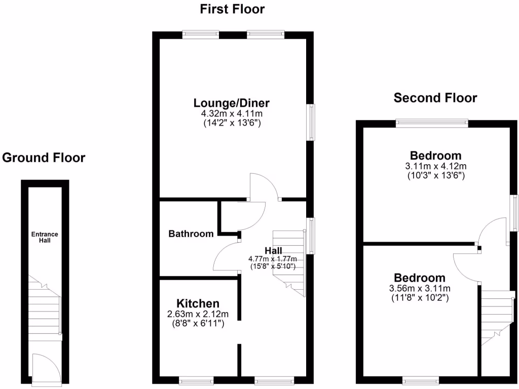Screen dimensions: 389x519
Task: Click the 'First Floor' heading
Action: click(232, 9)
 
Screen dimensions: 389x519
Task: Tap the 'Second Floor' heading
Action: click(435, 98)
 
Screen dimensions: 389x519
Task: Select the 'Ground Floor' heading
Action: click(44, 158)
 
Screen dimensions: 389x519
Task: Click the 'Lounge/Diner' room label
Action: click(231, 103)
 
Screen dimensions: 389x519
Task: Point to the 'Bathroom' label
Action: click(191, 234)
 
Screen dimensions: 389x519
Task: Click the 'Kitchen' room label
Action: click(198, 303)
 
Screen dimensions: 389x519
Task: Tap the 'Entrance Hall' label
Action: click(45, 237)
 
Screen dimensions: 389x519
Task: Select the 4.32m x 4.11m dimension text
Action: click(231, 114)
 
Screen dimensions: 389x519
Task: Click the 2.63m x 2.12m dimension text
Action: click(198, 314)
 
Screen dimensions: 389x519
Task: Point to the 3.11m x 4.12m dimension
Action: click(436, 166)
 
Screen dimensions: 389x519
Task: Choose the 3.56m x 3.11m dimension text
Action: click(420, 289)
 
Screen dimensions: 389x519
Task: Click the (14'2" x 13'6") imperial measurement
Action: click(231, 123)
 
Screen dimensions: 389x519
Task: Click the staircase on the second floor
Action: click(498, 317)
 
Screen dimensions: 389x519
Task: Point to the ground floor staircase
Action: click(45, 307)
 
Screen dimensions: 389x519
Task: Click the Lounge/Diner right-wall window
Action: click(312, 122)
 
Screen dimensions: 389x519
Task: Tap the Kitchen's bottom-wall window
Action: click(196, 380)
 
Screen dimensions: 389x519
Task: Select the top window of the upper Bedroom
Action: click(432, 122)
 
